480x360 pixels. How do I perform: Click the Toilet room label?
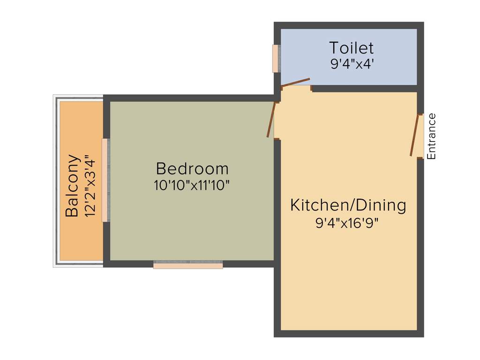[x=351, y=48]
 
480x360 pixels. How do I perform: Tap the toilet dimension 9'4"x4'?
[x=351, y=64]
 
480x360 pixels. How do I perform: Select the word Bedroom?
[x=192, y=168]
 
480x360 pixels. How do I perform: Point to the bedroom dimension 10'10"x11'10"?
[x=192, y=185]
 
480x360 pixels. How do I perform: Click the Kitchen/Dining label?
[x=348, y=205]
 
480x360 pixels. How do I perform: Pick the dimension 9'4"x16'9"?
[x=347, y=223]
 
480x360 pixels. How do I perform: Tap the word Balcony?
[x=72, y=186]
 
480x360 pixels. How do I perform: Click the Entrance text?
[x=432, y=136]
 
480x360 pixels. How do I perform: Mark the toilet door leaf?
[x=296, y=82]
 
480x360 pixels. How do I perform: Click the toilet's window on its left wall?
[x=276, y=59]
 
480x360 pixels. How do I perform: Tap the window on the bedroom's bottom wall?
[x=188, y=265]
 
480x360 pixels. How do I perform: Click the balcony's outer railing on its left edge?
[x=55, y=181]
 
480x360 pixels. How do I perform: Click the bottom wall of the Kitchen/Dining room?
[x=349, y=333]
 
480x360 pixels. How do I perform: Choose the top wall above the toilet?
[x=349, y=25]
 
